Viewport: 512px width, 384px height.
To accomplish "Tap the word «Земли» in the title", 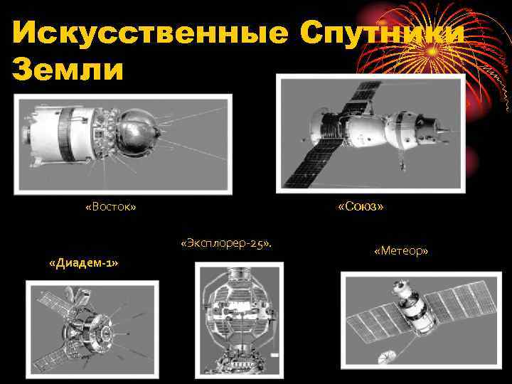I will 68,70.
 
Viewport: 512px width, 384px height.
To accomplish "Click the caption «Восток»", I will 110,207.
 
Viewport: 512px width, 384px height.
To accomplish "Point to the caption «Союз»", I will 361,206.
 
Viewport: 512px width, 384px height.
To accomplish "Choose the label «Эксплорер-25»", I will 226,244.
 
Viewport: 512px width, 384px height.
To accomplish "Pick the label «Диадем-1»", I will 83,264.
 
